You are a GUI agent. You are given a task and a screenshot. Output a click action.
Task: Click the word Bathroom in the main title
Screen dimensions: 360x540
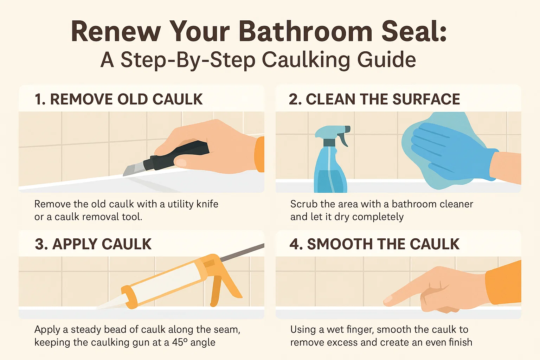[x=306, y=32]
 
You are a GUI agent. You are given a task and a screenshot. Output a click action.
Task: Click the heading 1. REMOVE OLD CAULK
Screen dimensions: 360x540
[x=118, y=99]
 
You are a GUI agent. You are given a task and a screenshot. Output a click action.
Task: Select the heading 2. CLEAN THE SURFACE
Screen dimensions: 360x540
[x=374, y=99]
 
